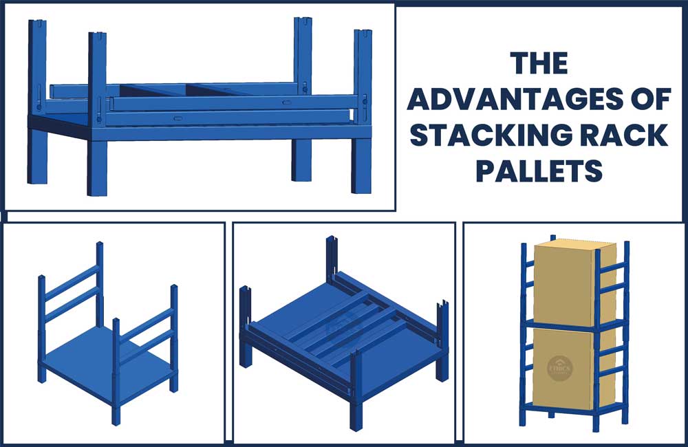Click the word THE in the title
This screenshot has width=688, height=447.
click(x=539, y=63)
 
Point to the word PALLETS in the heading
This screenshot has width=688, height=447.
click(x=539, y=171)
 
